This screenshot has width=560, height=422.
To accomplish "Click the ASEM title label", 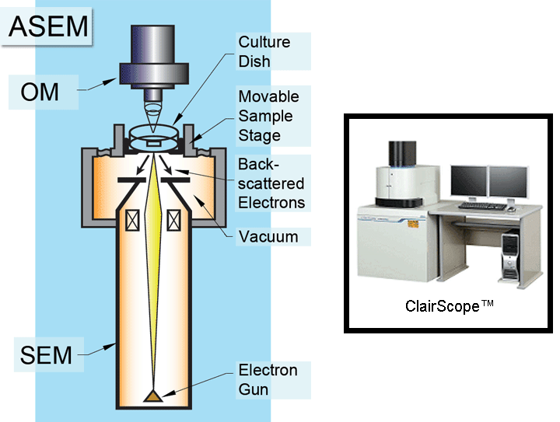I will click(x=48, y=27).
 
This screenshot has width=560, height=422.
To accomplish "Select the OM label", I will click(x=40, y=92).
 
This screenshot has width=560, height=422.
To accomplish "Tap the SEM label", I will click(x=46, y=356).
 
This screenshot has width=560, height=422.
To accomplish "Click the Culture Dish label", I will click(x=264, y=51).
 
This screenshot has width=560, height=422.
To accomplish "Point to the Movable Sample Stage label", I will click(x=268, y=117).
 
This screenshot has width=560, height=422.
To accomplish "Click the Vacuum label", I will click(x=268, y=235).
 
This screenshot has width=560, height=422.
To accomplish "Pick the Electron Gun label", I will click(x=268, y=378).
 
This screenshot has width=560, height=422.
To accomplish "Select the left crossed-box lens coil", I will click(x=131, y=221).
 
